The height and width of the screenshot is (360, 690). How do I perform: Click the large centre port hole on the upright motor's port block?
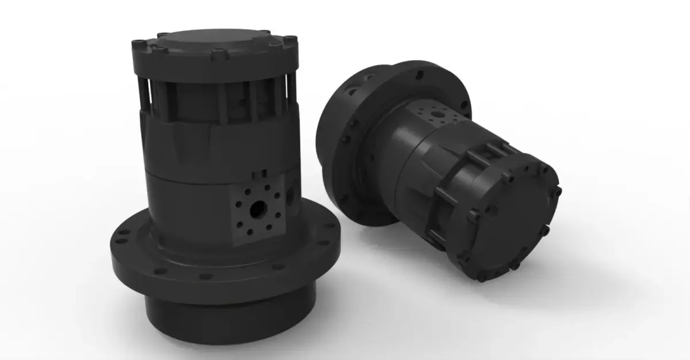pos(255,207)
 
